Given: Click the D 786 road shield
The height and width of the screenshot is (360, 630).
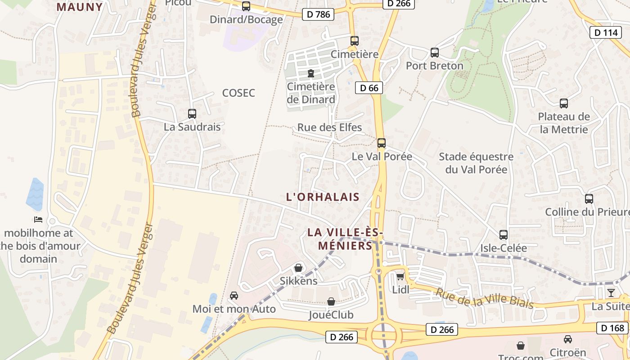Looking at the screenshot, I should point(318,14).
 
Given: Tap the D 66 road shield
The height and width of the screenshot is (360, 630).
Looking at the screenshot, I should point(369,88).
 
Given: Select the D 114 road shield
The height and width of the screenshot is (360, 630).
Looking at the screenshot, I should point(606,32).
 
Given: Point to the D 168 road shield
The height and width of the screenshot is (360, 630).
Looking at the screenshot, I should point(613,328).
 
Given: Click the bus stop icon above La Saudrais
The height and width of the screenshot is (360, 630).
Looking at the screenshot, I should point(192,114).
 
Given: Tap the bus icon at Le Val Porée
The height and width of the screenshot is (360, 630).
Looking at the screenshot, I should point(382,143).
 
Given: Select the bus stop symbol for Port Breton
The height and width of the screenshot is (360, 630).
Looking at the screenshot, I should point(435,53).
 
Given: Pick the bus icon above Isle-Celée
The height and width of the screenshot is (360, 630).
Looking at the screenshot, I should point(504,235).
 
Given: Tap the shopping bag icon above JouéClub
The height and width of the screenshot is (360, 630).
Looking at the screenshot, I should point(331,301).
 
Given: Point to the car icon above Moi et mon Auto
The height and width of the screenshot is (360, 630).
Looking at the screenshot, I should point(234,296).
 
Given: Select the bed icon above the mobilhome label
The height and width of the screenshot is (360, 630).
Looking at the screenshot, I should point(38,220).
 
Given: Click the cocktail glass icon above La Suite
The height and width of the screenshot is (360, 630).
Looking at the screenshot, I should point(611,293).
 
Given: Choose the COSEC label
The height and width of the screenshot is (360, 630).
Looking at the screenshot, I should point(238,93).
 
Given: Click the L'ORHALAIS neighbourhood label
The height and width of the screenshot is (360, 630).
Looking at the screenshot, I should point(323,197).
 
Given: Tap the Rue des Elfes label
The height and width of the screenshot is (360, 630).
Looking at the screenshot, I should point(329,127).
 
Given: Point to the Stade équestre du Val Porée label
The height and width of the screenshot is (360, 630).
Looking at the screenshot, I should point(476,163).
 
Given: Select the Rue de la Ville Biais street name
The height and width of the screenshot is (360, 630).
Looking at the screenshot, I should point(484,298).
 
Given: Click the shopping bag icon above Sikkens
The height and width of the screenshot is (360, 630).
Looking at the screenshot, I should point(298,268).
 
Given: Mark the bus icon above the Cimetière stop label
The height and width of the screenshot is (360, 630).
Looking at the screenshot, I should point(355,40).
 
